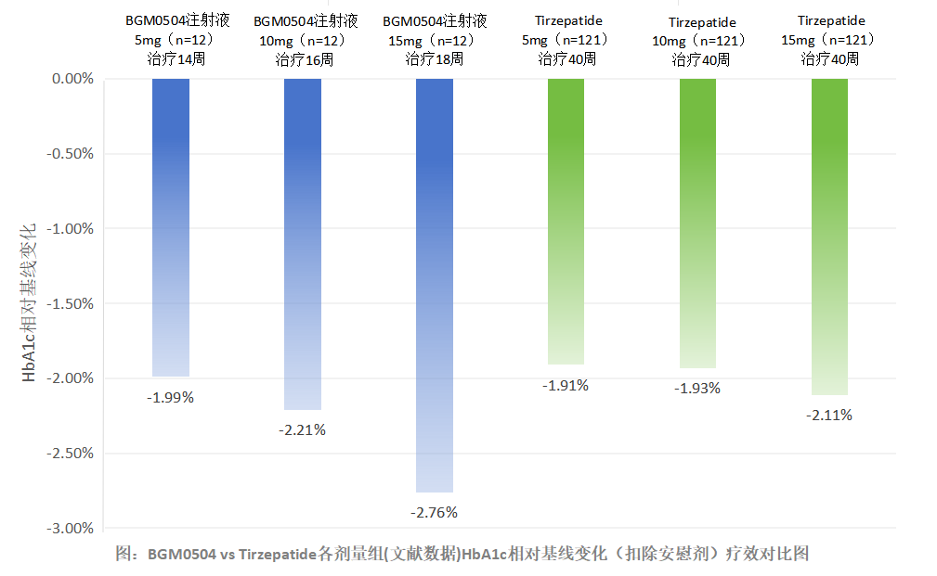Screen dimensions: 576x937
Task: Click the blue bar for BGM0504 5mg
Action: pos(170,227)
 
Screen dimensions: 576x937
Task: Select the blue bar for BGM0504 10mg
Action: pos(303,244)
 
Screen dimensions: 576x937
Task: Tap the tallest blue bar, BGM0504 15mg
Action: pos(434,285)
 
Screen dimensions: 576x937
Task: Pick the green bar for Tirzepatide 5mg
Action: pos(566,222)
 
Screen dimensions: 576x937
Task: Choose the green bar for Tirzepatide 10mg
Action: pos(697,224)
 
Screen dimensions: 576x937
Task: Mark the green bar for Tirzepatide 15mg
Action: pos(829,237)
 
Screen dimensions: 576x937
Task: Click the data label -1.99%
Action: pos(170,397)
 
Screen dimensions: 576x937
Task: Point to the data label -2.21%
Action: pos(303,429)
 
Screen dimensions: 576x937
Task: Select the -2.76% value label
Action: pos(434,512)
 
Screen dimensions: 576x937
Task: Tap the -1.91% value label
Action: pos(566,386)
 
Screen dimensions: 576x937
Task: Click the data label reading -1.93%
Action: pos(697,388)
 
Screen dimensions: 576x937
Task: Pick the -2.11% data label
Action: pos(829,415)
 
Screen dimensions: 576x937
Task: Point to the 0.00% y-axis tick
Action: pos(72,79)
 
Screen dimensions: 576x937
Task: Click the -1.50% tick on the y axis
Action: pos(70,303)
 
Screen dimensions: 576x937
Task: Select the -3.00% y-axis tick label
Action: pos(70,528)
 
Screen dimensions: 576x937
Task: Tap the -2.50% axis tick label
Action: pos(70,454)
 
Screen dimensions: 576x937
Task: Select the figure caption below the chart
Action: pos(462,554)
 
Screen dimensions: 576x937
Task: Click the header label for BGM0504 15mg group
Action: pos(434,40)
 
